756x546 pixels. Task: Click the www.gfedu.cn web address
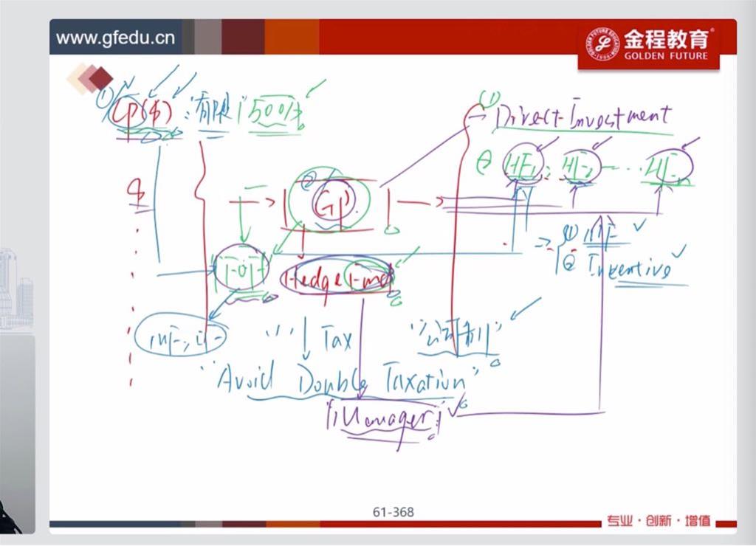tap(115, 38)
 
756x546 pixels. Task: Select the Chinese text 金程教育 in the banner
tap(665, 38)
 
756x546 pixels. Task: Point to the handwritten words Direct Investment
tap(583, 117)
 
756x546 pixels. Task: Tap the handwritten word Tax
tap(336, 340)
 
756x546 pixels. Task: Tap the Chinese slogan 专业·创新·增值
tap(659, 521)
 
